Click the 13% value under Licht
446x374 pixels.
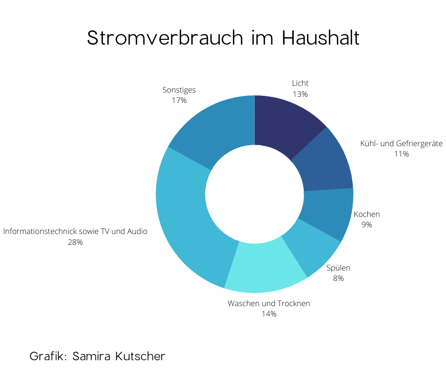pyautogui.click(x=300, y=94)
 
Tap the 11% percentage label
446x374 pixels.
pyautogui.click(x=401, y=154)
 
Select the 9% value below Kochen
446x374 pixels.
pyautogui.click(x=367, y=224)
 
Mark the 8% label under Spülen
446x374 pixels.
pyautogui.click(x=338, y=279)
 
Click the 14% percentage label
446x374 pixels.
pyautogui.click(x=269, y=314)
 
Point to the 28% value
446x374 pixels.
pyautogui.click(x=75, y=242)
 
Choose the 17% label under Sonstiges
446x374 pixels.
pyautogui.click(x=179, y=100)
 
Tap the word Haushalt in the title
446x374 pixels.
pyautogui.click(x=321, y=38)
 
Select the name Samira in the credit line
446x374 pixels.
pyautogui.click(x=92, y=356)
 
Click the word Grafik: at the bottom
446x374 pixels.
pyautogui.click(x=48, y=356)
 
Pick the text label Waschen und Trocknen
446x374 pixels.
pyautogui.click(x=269, y=303)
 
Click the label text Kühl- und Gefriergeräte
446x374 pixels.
pyautogui.click(x=401, y=143)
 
